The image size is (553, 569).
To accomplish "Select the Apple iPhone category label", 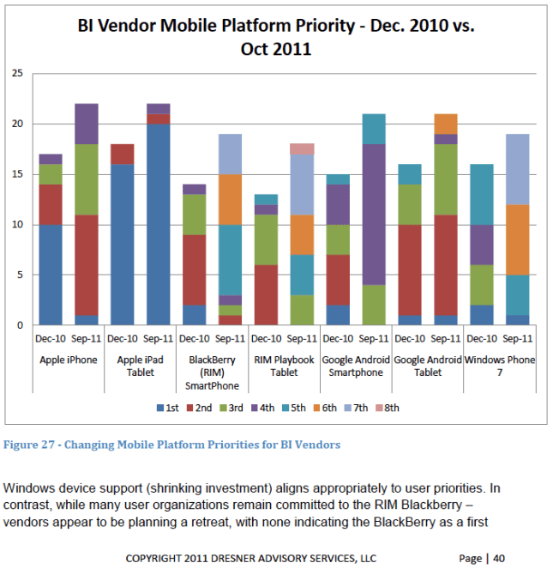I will [69, 360].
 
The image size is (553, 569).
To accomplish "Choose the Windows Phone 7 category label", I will [500, 366].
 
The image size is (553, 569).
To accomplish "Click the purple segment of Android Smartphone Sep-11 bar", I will [373, 215].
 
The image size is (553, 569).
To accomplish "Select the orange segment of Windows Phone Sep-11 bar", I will [518, 239].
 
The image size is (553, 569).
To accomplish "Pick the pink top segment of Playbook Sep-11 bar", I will [302, 148].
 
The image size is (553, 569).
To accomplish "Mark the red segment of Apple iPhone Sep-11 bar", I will [87, 265].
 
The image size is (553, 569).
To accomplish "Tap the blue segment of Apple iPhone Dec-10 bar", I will [51, 275].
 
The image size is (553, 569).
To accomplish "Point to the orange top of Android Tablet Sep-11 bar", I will [446, 124].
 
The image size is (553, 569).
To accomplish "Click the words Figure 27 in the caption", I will [30, 445].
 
